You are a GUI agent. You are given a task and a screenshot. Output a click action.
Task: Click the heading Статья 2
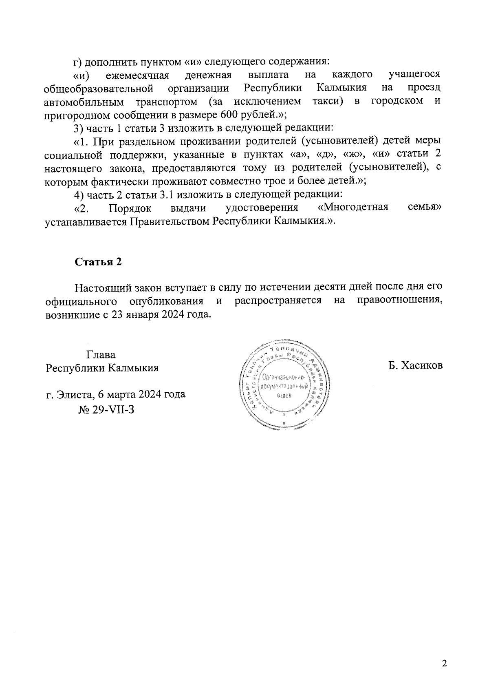click(98, 262)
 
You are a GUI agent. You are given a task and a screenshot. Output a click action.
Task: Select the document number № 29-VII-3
click(106, 409)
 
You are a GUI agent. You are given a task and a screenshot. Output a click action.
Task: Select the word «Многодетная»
click(352, 208)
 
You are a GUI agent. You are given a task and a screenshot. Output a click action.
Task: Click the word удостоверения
click(262, 208)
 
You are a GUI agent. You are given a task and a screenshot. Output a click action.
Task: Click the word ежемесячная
click(137, 75)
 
